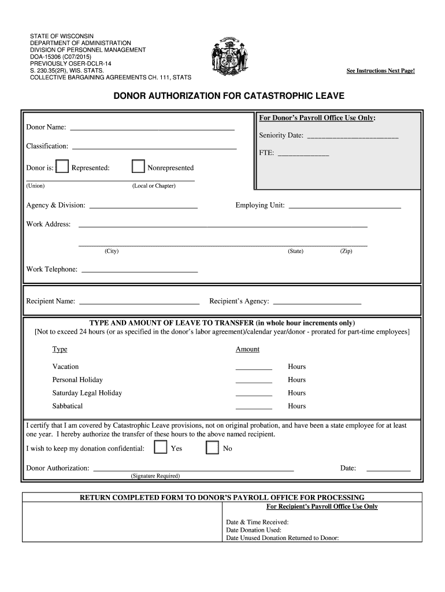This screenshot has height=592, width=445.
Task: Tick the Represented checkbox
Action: pyautogui.click(x=62, y=167)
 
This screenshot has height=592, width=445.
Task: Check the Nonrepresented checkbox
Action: pyautogui.click(x=138, y=167)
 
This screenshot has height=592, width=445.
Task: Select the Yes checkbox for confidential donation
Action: pyautogui.click(x=161, y=448)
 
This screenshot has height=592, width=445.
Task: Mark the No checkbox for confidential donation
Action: pyautogui.click(x=213, y=448)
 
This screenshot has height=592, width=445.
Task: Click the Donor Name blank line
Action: pyautogui.click(x=152, y=128)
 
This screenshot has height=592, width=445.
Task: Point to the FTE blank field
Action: pyautogui.click(x=303, y=154)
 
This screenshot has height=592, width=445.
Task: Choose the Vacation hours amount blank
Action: pyautogui.click(x=254, y=367)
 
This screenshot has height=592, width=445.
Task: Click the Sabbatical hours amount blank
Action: pyautogui.click(x=254, y=407)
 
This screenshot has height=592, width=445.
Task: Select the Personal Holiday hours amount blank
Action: pyautogui.click(x=254, y=380)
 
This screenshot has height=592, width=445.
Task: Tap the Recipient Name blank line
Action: pyautogui.click(x=139, y=302)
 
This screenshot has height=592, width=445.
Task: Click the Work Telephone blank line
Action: pyautogui.click(x=139, y=270)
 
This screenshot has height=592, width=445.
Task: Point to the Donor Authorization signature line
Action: pyautogui.click(x=193, y=469)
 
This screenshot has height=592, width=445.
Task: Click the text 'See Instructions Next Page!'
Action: pyautogui.click(x=380, y=71)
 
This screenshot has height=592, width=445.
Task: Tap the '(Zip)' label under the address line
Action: pyautogui.click(x=346, y=251)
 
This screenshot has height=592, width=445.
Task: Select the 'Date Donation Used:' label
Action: pyautogui.click(x=254, y=530)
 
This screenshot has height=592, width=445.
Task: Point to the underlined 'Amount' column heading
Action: pyautogui.click(x=247, y=349)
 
